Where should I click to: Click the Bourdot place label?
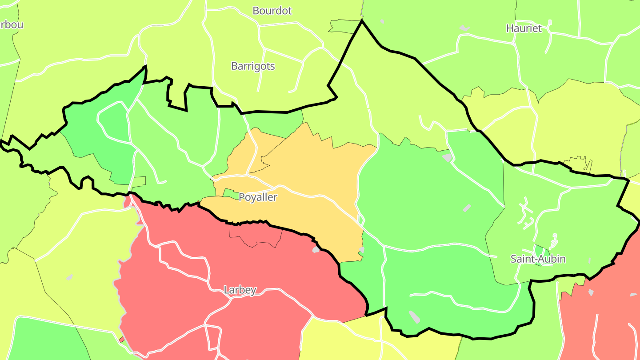pos(272,11)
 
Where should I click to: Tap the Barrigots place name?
pos(253,66)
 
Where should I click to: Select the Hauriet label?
pos(524,28)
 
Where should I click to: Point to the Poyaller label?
pos(258,197)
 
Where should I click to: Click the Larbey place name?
pos(240,290)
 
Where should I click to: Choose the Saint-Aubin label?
pos(538,259)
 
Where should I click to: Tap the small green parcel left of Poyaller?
pos(230,193)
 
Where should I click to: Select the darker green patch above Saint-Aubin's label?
pos(540,250)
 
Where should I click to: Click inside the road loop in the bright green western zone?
pos(113,122)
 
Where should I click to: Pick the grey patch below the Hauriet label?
pos(464,28)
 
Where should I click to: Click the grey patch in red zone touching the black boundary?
pos(316,249)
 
